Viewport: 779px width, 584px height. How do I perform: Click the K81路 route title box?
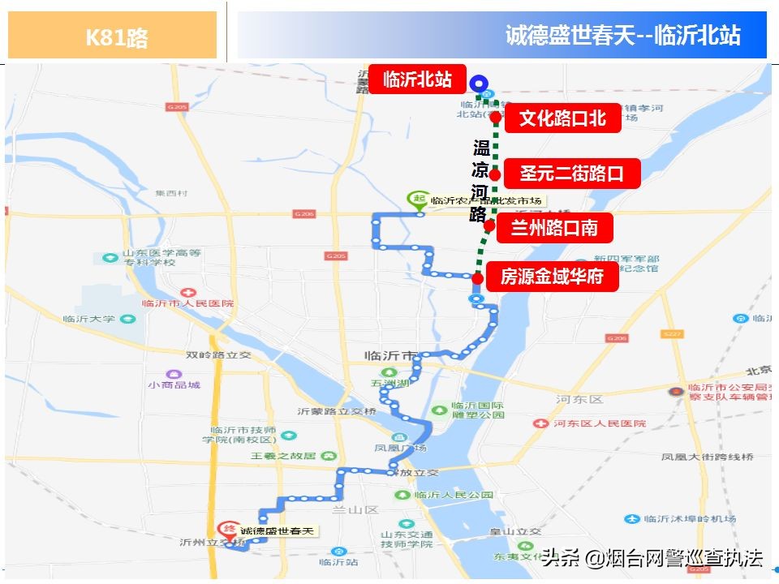click(x=113, y=36)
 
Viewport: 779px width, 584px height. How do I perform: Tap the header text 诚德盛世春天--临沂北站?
click(x=622, y=36)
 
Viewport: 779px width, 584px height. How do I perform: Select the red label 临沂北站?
click(x=417, y=79)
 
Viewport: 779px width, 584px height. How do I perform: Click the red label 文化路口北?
click(x=562, y=118)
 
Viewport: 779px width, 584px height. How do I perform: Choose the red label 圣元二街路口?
click(x=571, y=173)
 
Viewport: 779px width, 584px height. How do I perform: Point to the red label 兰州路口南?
click(x=553, y=228)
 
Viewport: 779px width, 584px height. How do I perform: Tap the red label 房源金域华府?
click(x=552, y=277)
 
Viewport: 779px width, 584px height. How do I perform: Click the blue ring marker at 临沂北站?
click(x=480, y=82)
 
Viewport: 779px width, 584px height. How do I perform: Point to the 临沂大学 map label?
click(x=89, y=319)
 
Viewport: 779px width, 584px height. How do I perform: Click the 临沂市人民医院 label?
click(x=187, y=303)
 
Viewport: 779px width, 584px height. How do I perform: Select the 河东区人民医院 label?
click(x=600, y=423)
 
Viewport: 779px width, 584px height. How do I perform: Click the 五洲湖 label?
click(x=386, y=384)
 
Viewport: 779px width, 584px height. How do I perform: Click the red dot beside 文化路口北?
click(x=495, y=117)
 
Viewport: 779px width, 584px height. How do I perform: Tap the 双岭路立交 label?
click(x=219, y=354)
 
